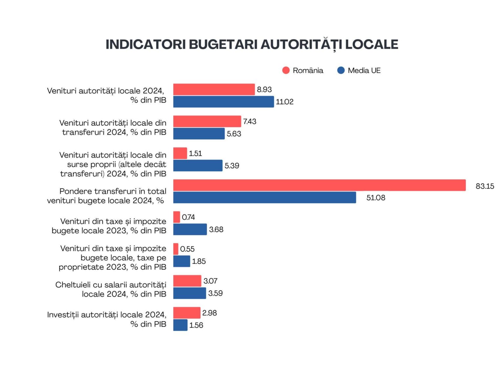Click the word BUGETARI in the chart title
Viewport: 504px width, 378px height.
pos(224,44)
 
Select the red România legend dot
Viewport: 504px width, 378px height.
pos(286,70)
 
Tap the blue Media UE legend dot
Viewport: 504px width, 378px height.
pos(341,70)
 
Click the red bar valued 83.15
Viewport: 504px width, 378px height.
pos(319,185)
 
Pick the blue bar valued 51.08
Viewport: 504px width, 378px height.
pos(264,198)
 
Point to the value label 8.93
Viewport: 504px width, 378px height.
pos(264,90)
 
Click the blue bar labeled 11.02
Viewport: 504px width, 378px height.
pos(223,102)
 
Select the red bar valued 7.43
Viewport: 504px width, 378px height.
pos(207,121)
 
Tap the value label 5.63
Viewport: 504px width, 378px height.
pos(234,134)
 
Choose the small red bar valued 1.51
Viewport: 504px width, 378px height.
pos(180,153)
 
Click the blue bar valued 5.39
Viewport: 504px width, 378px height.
pos(198,165)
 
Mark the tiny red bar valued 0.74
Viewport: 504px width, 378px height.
pos(177,217)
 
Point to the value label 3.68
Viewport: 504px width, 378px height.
pos(216,229)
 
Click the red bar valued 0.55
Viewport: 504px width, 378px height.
pos(176,249)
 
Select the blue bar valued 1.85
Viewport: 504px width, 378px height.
pos(181,261)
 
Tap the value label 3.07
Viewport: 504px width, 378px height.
pos(210,281)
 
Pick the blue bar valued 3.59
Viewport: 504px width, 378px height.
pos(189,293)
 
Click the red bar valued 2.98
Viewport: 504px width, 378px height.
pos(187,313)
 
